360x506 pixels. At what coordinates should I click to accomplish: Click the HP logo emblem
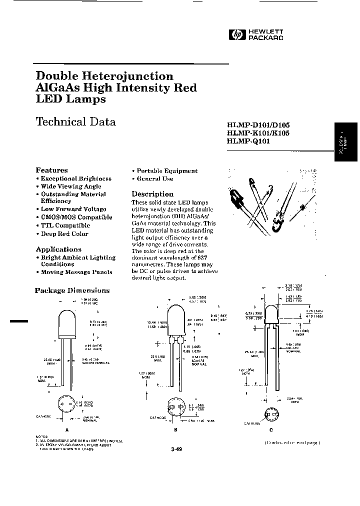[234, 34]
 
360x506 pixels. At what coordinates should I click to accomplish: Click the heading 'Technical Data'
[75, 121]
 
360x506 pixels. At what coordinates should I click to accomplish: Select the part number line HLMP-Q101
[247, 141]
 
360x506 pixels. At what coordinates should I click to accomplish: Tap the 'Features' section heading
[51, 170]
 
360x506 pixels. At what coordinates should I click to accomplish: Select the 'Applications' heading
[58, 249]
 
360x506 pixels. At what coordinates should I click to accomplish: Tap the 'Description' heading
[152, 194]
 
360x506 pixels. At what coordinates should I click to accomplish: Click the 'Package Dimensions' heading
[72, 290]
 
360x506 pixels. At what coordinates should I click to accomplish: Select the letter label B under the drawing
[175, 429]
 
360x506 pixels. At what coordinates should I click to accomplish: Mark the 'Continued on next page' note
[292, 443]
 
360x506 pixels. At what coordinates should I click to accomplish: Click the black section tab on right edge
[346, 142]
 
